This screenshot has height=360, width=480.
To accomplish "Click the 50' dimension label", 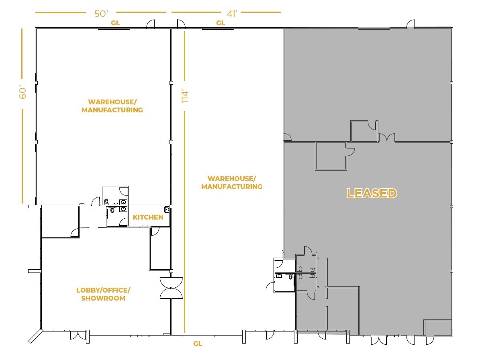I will tap(101, 14).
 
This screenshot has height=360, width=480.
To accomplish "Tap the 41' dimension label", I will tap(232, 14).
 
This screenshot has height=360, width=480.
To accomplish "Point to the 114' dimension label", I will tap(185, 96).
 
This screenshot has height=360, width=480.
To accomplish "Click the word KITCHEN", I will tap(148, 218).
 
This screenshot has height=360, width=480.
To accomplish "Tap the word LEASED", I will tap(372, 193).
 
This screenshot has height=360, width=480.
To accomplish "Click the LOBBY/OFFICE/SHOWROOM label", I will tap(103, 294).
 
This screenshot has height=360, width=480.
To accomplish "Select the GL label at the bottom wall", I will tap(198, 344).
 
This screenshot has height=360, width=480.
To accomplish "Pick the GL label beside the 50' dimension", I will tap(115, 23).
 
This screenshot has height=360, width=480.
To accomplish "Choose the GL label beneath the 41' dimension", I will tap(221, 23).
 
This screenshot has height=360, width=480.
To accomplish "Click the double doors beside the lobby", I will tap(172, 288).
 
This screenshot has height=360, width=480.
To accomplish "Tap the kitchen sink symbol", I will tap(166, 209).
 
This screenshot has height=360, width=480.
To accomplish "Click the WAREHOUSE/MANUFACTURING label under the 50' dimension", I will tap(112, 106).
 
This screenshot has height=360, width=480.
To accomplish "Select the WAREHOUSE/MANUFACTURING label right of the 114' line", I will tap(231, 183).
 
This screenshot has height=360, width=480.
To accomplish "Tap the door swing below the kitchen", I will tap(155, 231).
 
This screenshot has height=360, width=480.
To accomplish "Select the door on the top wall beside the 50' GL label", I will tap(151, 24).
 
